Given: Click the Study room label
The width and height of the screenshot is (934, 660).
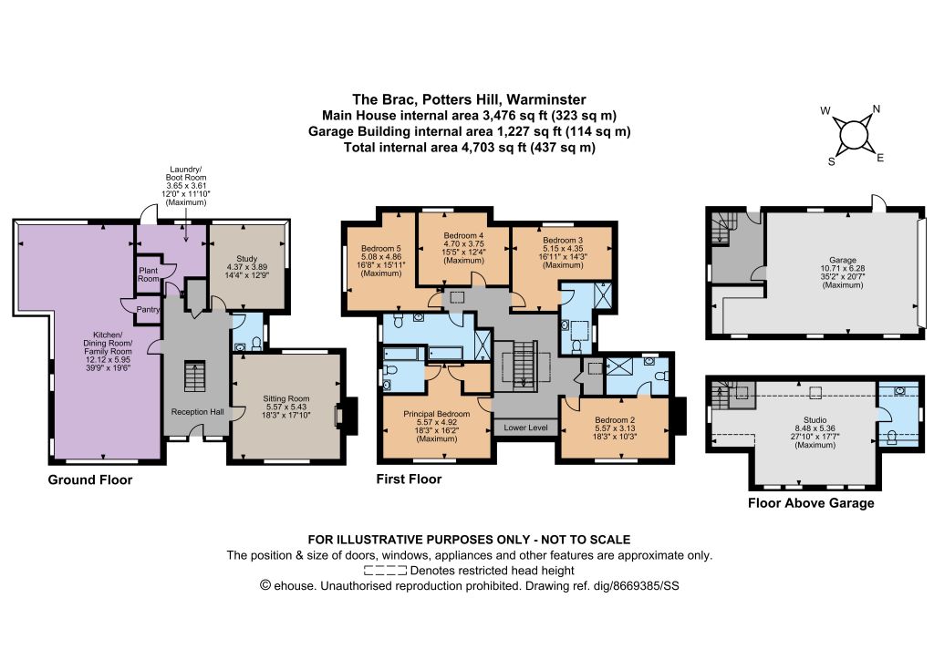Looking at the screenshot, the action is point(246,259).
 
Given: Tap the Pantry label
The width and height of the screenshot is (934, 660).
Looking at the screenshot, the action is point(148,309).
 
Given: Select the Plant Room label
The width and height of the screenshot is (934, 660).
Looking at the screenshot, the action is point(149,274).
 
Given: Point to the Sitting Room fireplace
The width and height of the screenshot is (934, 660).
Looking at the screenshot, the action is point(348,416).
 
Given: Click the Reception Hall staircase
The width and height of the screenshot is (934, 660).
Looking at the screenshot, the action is point(194,376).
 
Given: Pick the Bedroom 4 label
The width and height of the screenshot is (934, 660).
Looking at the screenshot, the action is point(463,236).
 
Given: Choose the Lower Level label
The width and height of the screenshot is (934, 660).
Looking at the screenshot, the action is point(525,428).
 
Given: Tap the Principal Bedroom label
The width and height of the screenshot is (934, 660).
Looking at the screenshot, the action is point(437,414).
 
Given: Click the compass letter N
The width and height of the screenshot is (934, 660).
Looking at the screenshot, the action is point(877,108).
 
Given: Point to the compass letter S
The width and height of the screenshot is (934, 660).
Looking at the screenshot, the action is point(832,162).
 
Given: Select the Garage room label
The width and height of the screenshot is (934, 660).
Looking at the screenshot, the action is point(843,260).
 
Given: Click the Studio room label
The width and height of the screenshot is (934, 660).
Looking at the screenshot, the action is point(815,419).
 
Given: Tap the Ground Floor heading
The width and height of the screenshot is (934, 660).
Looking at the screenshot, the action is point(90,480).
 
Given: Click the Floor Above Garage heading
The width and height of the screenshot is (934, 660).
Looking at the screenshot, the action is point(811,503).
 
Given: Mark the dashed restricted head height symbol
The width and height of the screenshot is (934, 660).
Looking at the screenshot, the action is point(385,571).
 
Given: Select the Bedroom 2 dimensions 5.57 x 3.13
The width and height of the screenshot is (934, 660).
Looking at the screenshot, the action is point(615,428).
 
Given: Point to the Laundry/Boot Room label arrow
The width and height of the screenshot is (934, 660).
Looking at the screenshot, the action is point(186,224).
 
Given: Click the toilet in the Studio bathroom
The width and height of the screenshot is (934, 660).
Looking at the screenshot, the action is point(892,437).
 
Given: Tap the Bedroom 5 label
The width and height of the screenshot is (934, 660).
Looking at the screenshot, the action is point(381,249).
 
